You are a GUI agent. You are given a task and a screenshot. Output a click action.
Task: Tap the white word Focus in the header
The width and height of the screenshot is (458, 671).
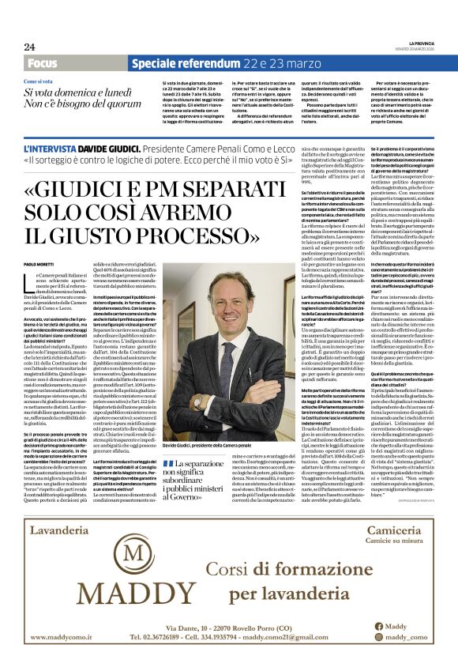[42, 63]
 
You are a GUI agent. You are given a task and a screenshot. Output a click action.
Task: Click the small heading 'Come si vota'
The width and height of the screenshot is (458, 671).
[39, 82]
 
